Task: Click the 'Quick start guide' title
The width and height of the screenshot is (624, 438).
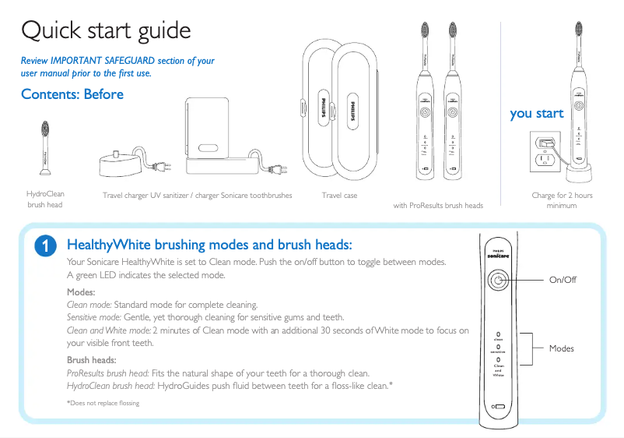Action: (x=106, y=31)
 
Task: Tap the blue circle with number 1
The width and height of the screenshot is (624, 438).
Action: (x=47, y=246)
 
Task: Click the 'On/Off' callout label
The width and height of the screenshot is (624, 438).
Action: (x=563, y=280)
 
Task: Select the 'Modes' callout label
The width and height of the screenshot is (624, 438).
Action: (x=561, y=348)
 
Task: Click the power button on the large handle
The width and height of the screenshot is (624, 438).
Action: (x=498, y=281)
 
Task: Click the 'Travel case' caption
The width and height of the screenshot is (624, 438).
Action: (x=339, y=196)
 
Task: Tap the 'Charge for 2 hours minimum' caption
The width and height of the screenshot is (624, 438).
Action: (x=562, y=200)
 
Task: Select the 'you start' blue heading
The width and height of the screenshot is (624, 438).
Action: (x=537, y=114)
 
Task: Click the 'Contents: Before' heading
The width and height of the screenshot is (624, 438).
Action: (x=72, y=94)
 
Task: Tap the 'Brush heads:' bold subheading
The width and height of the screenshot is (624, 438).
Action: (x=92, y=360)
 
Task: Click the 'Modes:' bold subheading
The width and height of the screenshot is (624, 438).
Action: (x=81, y=291)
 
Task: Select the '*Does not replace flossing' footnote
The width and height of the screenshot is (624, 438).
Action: (x=103, y=403)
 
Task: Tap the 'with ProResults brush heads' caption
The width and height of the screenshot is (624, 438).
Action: (x=438, y=206)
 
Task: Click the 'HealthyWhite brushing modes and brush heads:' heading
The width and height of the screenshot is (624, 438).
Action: (x=210, y=245)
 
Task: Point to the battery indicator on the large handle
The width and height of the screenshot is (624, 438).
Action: (x=498, y=407)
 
